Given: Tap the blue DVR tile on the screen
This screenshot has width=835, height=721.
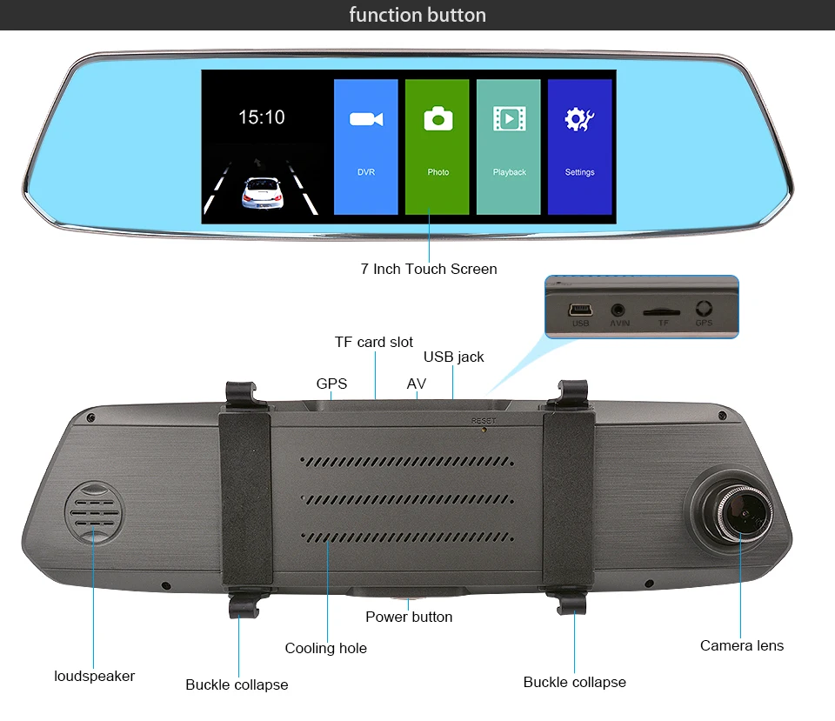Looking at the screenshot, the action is click(x=366, y=146).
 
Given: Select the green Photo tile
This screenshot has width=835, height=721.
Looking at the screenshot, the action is click(x=438, y=146).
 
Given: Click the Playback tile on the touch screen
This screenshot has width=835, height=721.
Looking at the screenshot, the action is click(x=509, y=146).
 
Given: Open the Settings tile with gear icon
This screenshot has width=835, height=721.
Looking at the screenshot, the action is click(x=580, y=146).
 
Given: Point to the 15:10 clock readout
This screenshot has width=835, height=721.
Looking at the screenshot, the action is click(x=262, y=117).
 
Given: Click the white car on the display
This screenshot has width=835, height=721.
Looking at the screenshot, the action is click(x=263, y=193).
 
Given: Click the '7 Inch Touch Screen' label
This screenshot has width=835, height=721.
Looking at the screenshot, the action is click(x=429, y=269).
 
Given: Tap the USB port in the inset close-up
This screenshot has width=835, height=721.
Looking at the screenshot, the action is click(x=580, y=310).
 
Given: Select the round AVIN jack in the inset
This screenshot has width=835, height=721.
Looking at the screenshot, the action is click(x=618, y=310).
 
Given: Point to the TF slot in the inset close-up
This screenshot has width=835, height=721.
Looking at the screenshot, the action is click(x=661, y=312).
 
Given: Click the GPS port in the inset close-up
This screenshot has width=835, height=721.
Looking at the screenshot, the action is click(x=704, y=308).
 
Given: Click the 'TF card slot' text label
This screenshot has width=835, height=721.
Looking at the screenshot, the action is click(x=374, y=342).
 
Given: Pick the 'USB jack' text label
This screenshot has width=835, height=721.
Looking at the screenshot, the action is click(x=454, y=357).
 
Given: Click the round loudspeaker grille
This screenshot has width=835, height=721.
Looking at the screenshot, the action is click(x=93, y=513).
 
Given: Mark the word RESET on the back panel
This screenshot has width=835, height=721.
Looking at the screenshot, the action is click(x=484, y=421).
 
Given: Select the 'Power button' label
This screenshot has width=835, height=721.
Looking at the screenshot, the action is click(x=409, y=617).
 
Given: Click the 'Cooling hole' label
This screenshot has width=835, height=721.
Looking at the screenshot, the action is click(x=326, y=648).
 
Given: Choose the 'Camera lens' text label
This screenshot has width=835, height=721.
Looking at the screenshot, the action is click(x=742, y=645).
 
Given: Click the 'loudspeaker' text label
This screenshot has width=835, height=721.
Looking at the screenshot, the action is click(x=94, y=676).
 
